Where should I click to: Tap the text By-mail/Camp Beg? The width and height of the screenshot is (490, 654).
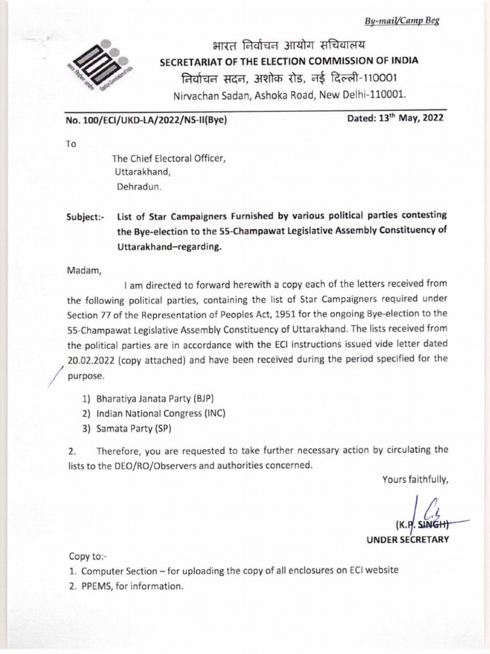pos(402,20)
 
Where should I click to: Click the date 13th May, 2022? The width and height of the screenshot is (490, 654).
pos(395,118)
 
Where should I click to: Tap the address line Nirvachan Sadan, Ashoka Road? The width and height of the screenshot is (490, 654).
pos(290,95)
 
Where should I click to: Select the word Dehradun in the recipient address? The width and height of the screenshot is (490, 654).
pos(139,188)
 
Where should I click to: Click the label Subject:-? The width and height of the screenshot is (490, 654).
pos(85,216)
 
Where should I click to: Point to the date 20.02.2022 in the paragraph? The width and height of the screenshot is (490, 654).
pos(93,360)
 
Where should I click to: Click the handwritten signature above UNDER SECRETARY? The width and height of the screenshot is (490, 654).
pos(423,513)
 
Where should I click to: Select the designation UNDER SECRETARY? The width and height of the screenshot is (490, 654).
pos(407,540)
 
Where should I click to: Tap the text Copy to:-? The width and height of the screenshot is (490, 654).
pos(86,557)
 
